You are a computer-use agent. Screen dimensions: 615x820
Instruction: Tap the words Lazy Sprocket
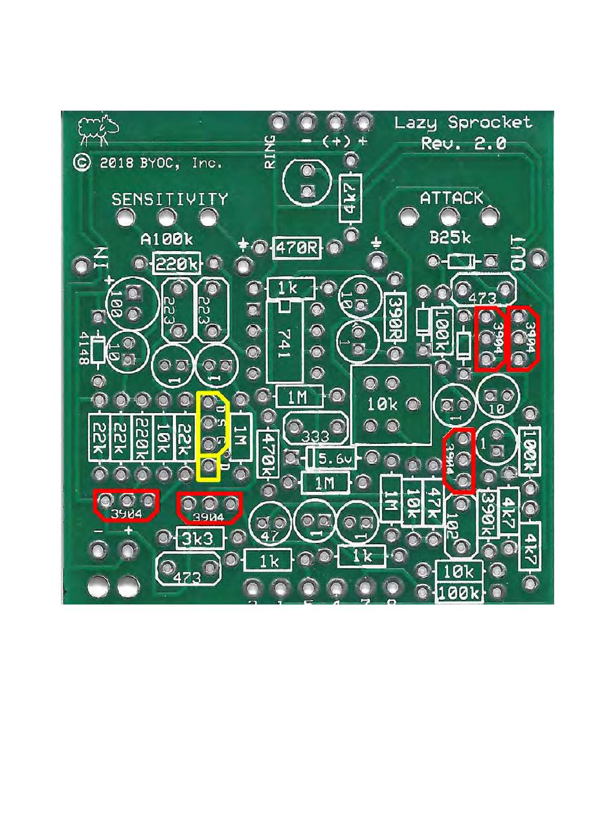point(463,122)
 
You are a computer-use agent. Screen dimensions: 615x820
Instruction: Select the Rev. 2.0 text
point(464,143)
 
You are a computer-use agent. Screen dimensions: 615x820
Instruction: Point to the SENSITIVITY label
point(170,199)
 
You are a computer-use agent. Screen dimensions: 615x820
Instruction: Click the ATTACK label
point(451,198)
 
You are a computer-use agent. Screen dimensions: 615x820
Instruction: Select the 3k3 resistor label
point(200,538)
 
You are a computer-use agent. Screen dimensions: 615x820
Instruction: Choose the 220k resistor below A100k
point(177,264)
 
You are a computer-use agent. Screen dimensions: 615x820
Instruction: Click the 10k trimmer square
point(390,405)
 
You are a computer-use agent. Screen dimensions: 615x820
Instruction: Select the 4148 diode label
point(84,350)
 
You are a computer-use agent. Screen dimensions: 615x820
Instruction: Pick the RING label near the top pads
point(271,152)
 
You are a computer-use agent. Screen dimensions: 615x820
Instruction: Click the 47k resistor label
point(432,499)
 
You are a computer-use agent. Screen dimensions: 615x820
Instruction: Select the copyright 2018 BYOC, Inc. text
point(147,162)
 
